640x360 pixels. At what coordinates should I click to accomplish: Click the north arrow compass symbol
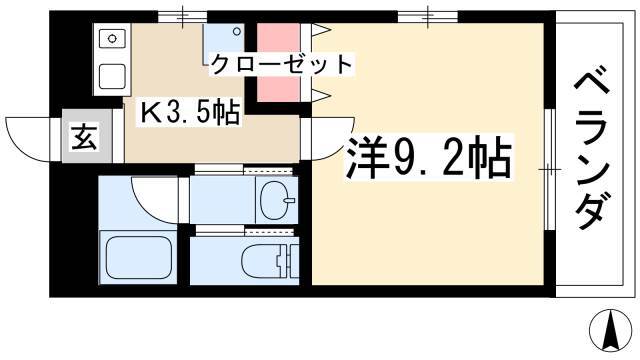click(x=613, y=331)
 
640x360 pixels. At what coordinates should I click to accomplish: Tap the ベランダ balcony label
click(x=591, y=151)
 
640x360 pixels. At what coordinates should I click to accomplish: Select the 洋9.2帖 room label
click(x=428, y=159)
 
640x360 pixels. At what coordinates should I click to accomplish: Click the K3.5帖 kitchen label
click(x=189, y=113)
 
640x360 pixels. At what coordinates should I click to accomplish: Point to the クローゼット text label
click(x=282, y=64)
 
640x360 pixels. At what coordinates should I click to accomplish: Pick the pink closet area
click(x=279, y=62)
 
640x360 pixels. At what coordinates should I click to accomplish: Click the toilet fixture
click(x=270, y=260)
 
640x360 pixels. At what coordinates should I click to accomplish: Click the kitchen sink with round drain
click(x=112, y=39)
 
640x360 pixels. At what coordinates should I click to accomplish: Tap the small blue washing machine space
click(x=224, y=43)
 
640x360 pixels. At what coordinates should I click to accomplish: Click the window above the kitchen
click(x=182, y=16)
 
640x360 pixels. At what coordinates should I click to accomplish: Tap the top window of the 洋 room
click(x=428, y=16)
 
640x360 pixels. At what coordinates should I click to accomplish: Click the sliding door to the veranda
click(x=550, y=169)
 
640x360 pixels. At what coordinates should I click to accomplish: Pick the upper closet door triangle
click(x=321, y=30)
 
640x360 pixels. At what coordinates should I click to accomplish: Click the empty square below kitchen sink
click(x=112, y=76)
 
